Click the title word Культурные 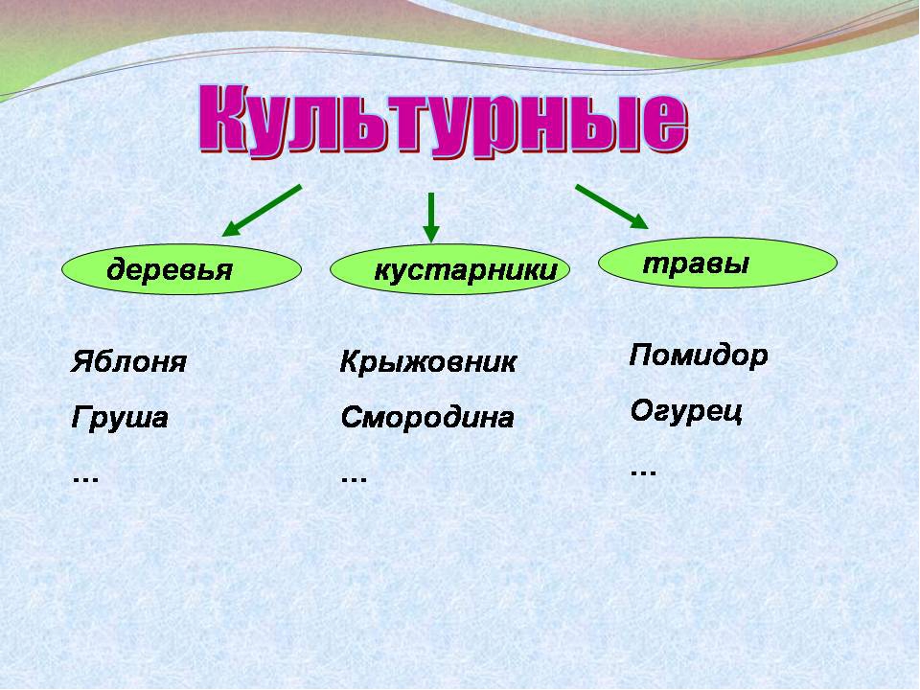[443, 121]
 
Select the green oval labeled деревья [181, 269]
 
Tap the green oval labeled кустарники [450, 269]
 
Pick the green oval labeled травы [718, 263]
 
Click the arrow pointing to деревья [262, 211]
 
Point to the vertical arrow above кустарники [431, 218]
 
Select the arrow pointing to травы [611, 207]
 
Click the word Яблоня [128, 362]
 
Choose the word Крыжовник [427, 362]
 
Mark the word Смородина [427, 418]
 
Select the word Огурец [686, 411]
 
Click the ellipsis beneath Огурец [643, 472]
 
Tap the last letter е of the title [665, 126]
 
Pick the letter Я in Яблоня [83, 362]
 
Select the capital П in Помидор [643, 355]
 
